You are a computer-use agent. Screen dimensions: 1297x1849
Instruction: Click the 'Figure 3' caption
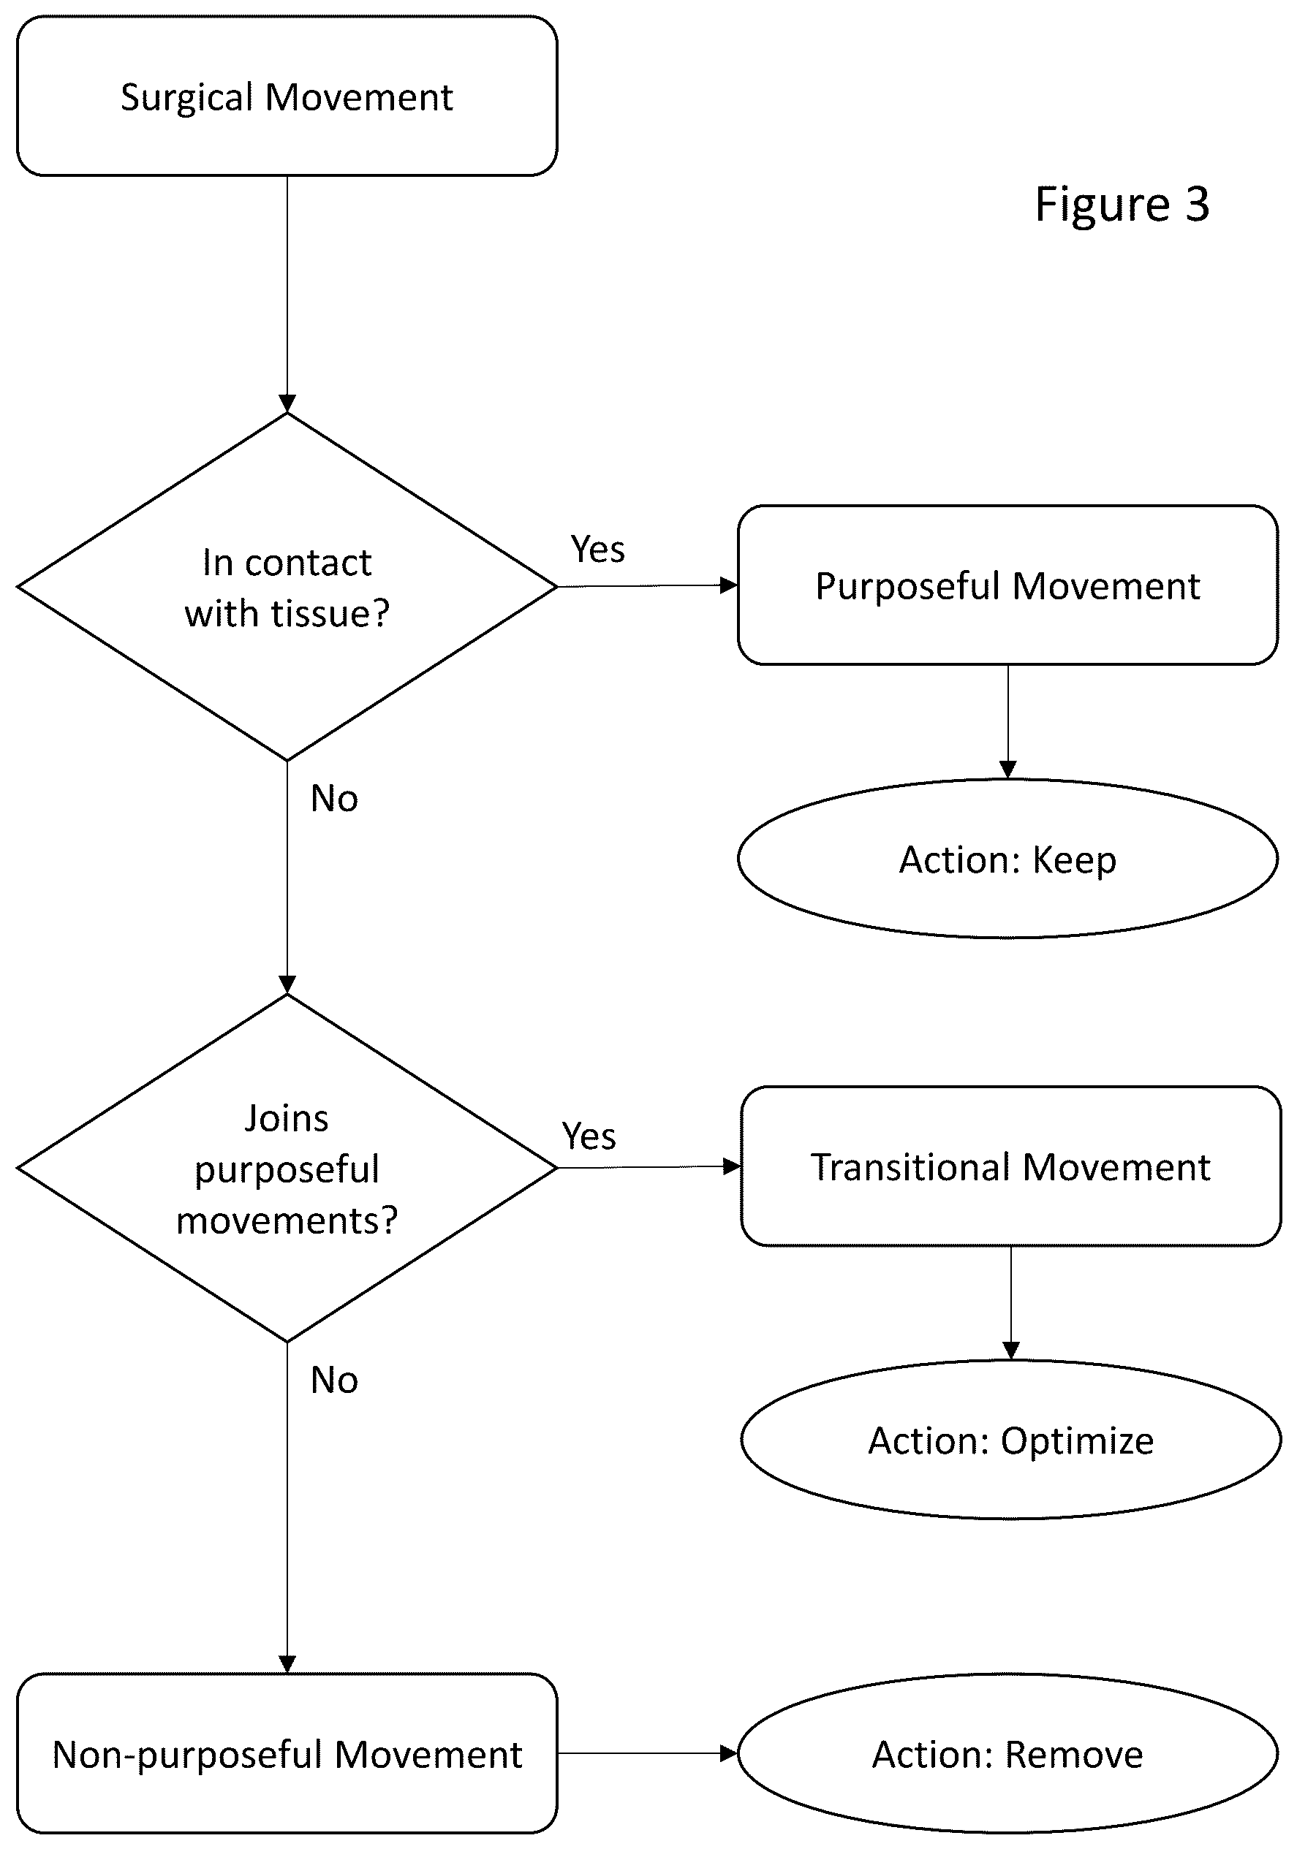(1122, 204)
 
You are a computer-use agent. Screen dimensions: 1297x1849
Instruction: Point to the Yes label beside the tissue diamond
(598, 550)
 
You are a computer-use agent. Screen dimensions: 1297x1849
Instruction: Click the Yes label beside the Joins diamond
(589, 1136)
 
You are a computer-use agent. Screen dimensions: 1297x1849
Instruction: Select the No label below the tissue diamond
(334, 799)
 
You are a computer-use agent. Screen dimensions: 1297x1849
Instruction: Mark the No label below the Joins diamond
(334, 1381)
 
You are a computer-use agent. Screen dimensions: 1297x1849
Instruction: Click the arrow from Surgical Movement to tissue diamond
(287, 294)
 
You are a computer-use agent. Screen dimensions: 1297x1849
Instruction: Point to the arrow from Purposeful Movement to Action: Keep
(1007, 721)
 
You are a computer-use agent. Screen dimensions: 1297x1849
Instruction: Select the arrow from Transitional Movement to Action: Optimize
(1011, 1303)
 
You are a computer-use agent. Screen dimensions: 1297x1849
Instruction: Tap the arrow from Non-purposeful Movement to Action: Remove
(648, 1753)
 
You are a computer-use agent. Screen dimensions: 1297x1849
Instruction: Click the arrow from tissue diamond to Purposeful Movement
(648, 585)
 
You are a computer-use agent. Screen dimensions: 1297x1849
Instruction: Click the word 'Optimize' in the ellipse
(1077, 1441)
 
